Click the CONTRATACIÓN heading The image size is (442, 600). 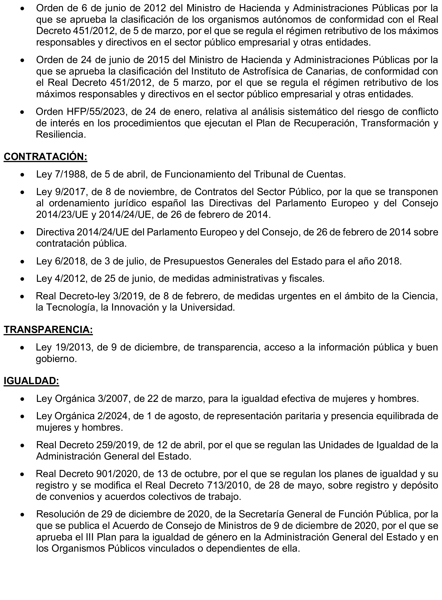click(45, 157)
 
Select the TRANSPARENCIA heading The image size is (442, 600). click(48, 330)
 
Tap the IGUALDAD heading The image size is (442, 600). click(31, 381)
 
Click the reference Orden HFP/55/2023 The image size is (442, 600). click(80, 112)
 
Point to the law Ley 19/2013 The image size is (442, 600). click(64, 347)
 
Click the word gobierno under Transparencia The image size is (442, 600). click(56, 359)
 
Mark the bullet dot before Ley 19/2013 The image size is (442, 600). click(23, 348)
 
